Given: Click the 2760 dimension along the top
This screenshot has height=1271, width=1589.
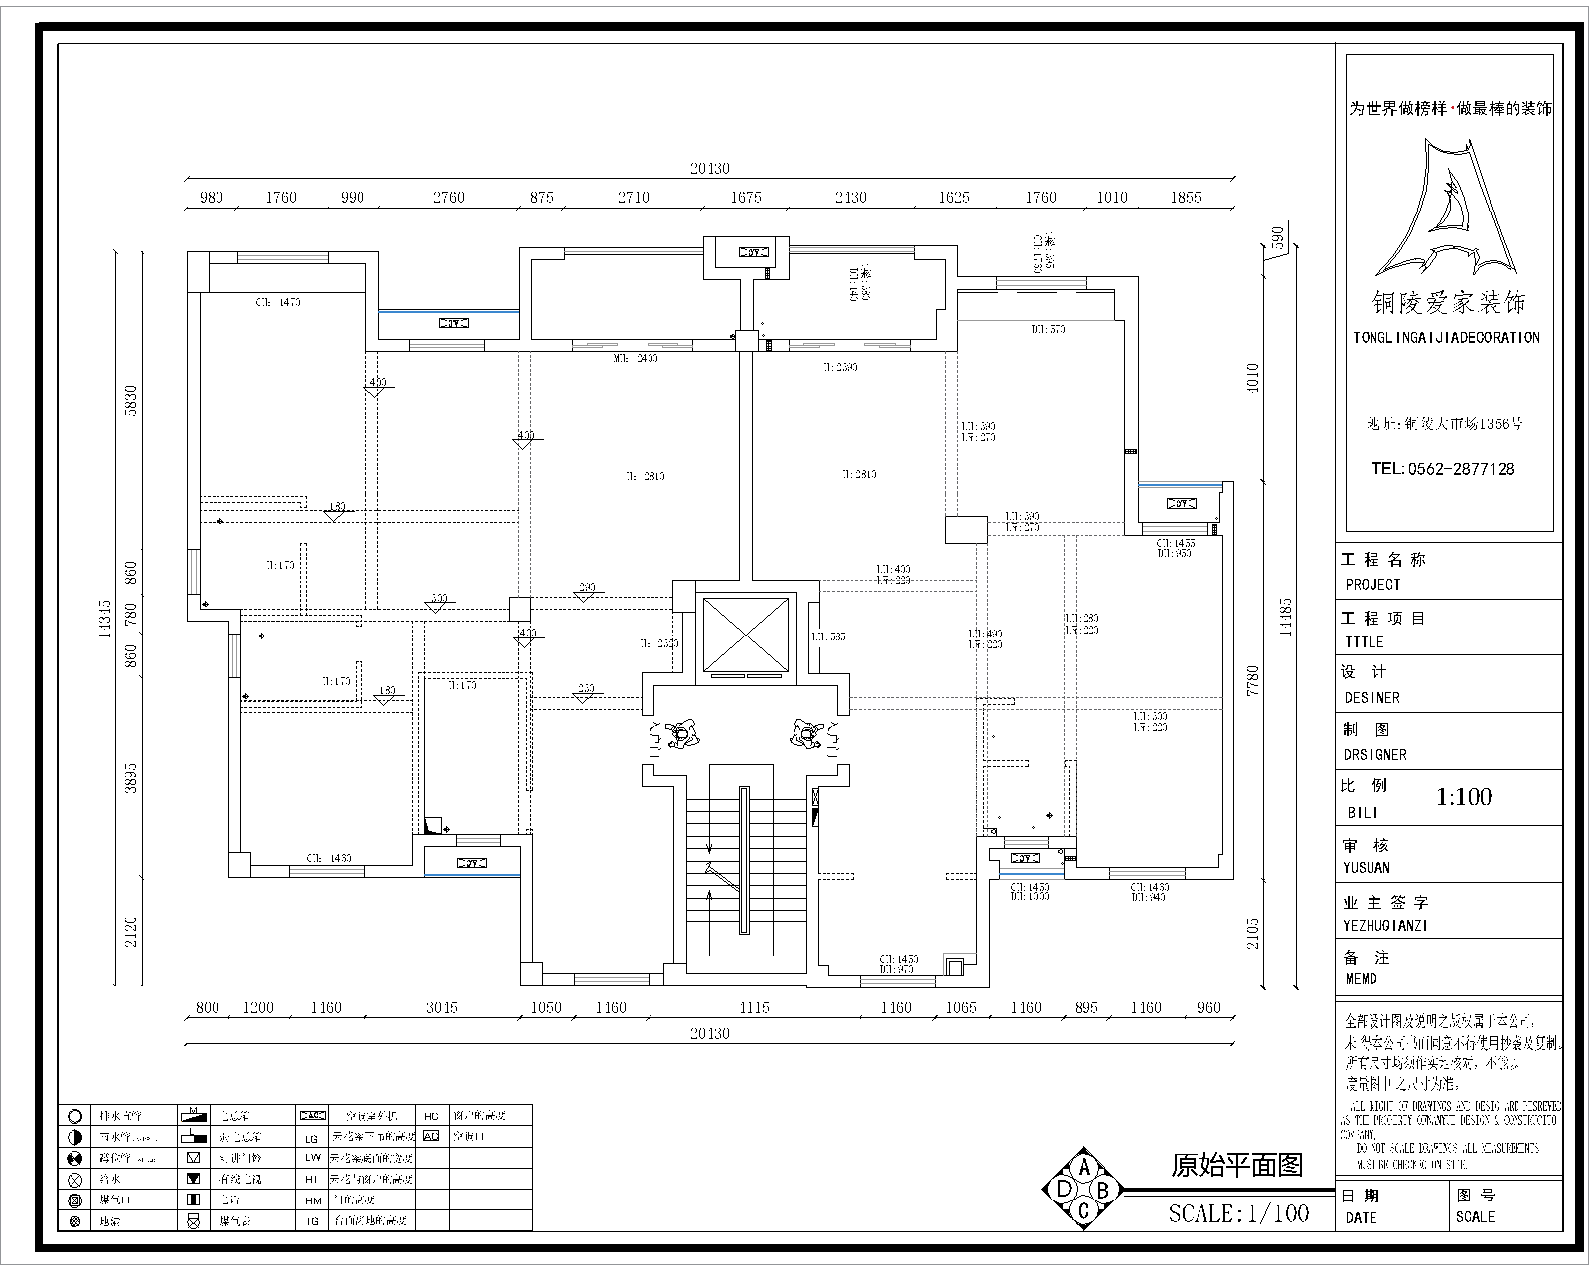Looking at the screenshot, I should (448, 197).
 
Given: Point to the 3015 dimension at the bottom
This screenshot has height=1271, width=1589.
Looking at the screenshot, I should (441, 1007).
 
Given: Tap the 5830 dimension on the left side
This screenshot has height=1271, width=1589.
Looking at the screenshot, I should (130, 402).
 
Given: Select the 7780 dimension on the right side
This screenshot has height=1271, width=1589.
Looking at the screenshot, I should (1252, 682).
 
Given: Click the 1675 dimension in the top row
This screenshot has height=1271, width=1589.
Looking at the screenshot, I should (745, 197).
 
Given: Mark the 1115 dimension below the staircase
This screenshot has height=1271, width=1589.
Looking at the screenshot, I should (754, 1007).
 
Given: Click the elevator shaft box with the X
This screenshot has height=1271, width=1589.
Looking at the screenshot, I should (744, 634).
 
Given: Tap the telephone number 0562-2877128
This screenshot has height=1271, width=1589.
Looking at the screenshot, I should (1442, 469).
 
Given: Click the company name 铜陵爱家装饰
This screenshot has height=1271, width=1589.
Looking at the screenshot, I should (1448, 302).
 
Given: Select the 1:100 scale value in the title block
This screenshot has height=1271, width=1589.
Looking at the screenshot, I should (1464, 797).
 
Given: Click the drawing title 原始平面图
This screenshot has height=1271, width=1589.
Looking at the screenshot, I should (1236, 1165).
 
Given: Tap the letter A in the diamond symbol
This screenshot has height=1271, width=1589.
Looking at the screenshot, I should (1084, 1167).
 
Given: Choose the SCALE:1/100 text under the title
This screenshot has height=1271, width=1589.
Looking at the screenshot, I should (1238, 1213).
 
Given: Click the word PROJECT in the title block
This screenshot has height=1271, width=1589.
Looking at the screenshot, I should (1372, 585).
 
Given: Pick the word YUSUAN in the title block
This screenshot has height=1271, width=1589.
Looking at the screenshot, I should (1367, 867).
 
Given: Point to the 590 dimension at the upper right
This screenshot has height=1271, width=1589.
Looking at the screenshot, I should (1278, 237).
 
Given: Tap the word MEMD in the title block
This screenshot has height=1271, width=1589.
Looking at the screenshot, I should (1361, 979).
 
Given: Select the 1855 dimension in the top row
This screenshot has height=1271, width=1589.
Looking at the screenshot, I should (1185, 197).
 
